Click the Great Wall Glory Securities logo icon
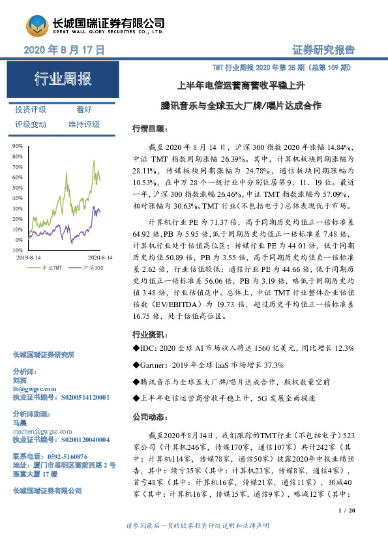[x=36, y=25]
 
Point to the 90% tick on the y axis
[x=18, y=147]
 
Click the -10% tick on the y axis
[x=18, y=250]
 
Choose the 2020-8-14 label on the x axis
[x=100, y=258]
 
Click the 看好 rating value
[x=84, y=110]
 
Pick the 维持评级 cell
[x=84, y=124]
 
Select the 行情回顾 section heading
[x=147, y=128]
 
